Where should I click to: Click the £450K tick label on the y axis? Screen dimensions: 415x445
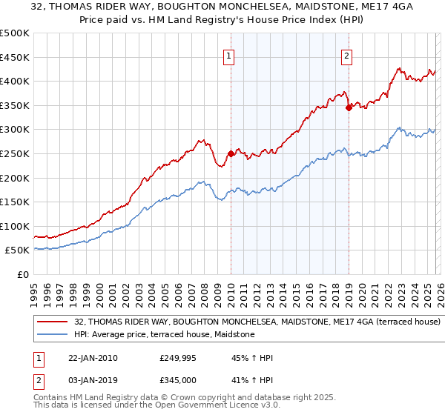pos(15,57)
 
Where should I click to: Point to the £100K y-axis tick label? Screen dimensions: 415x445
pos(15,226)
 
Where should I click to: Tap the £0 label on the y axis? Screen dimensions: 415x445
pos(23,274)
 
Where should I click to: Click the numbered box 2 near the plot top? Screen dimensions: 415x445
pos(346,55)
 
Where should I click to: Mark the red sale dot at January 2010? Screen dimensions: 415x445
pos(231,154)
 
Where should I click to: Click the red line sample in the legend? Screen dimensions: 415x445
pos(52,322)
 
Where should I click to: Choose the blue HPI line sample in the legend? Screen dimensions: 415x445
pos(52,335)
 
